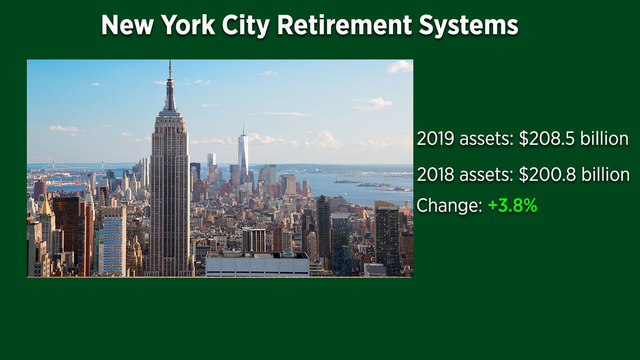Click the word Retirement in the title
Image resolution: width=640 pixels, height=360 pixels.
point(345,25)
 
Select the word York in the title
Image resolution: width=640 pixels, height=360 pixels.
point(188,25)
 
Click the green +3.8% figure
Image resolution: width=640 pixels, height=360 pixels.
point(512,205)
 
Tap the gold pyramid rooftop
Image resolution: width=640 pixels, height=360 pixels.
point(46,207)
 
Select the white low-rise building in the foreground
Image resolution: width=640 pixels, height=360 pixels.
point(257,264)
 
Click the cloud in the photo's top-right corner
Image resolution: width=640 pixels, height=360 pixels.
point(400,67)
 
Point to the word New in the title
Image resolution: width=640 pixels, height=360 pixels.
point(128,25)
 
